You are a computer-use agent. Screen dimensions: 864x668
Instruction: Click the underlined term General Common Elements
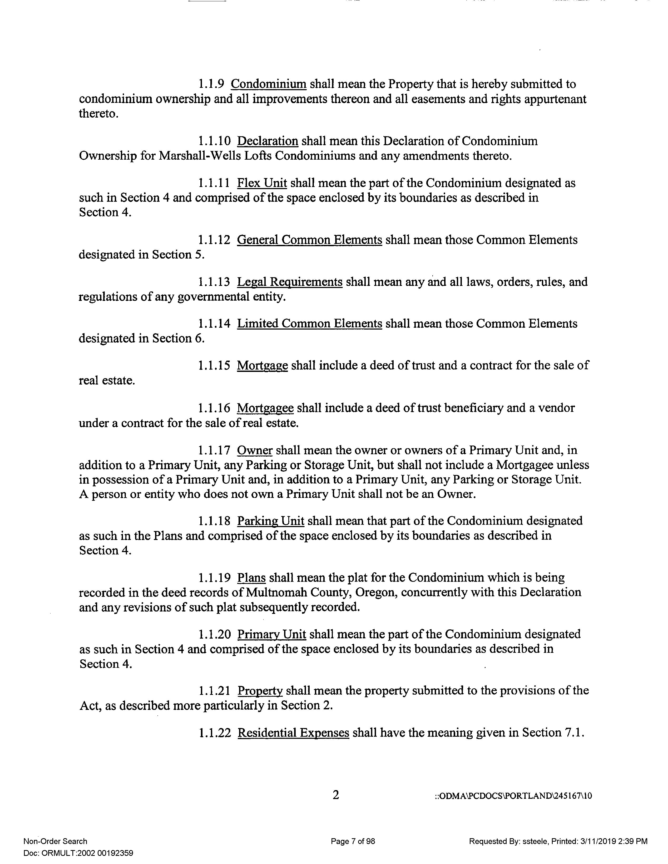309,240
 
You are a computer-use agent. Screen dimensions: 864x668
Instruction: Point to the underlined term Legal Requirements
289,282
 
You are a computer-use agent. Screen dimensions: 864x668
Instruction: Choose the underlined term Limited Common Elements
309,324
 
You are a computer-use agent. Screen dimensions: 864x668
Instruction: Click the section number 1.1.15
214,366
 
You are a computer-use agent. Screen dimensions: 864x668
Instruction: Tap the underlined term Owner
255,450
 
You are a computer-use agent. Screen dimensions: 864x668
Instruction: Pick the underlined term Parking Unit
270,521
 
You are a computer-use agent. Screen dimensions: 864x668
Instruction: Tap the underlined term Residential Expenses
293,733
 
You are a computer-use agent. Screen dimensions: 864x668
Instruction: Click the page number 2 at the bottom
335,795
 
